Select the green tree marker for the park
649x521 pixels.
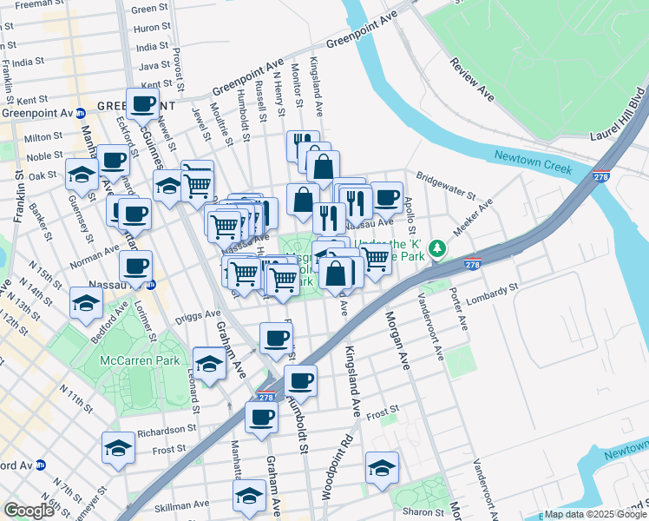(x=439, y=249)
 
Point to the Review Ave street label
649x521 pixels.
(x=471, y=79)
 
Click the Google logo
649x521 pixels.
(x=29, y=511)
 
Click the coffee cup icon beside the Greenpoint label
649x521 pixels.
(x=143, y=104)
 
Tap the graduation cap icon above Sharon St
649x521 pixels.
(x=381, y=467)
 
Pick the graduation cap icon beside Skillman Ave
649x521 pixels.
(x=249, y=495)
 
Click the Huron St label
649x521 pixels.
(x=151, y=28)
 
